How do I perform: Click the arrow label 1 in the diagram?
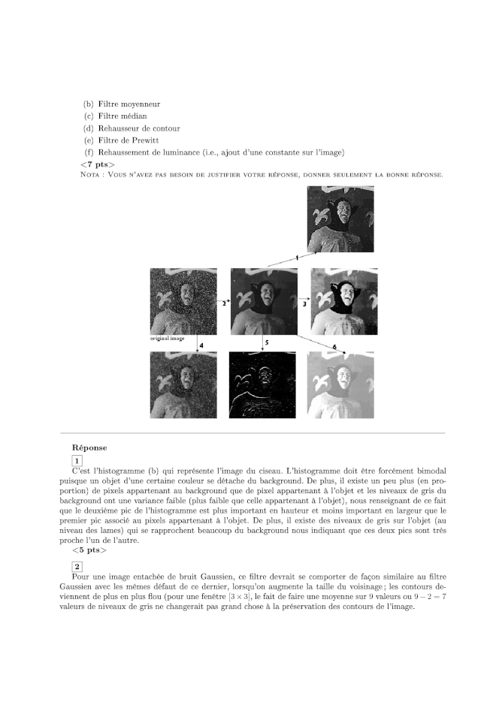[x=297, y=258]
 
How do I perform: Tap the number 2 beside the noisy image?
[x=223, y=304]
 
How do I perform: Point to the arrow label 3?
[x=304, y=305]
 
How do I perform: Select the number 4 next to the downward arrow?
[x=201, y=344]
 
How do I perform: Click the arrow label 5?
[x=267, y=342]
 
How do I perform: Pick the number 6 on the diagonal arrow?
[x=334, y=346]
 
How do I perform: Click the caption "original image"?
[x=168, y=339]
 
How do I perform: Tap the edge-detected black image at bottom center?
[x=262, y=385]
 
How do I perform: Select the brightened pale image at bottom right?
[x=342, y=385]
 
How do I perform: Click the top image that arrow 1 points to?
[x=340, y=218]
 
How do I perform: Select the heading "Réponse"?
[x=89, y=447]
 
